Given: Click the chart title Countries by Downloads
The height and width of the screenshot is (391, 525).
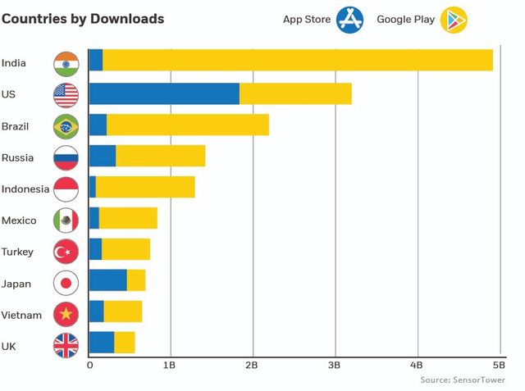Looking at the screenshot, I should pyautogui.click(x=83, y=19).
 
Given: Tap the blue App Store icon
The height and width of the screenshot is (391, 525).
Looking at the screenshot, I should pyautogui.click(x=349, y=19).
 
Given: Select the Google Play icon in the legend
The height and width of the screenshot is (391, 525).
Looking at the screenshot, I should pyautogui.click(x=454, y=19).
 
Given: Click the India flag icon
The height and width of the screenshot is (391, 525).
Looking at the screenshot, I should pyautogui.click(x=66, y=63).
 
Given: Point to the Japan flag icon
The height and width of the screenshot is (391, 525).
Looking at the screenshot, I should pyautogui.click(x=66, y=284).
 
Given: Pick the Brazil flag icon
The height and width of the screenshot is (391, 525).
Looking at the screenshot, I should pyautogui.click(x=66, y=126).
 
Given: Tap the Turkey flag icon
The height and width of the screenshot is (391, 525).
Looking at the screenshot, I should pyautogui.click(x=66, y=252).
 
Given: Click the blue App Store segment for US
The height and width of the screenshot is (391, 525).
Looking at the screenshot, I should pyautogui.click(x=164, y=94).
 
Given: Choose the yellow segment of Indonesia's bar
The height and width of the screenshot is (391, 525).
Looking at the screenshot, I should pyautogui.click(x=145, y=188).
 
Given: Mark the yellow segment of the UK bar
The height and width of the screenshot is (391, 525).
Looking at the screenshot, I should pyautogui.click(x=125, y=343).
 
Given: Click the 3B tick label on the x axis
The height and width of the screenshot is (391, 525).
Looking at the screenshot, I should pyautogui.click(x=334, y=365).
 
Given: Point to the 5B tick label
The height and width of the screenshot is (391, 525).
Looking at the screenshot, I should pyautogui.click(x=498, y=365).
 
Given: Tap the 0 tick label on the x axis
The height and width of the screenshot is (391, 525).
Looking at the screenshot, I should pyautogui.click(x=89, y=365).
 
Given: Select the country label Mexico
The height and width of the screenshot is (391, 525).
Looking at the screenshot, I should pyautogui.click(x=18, y=221).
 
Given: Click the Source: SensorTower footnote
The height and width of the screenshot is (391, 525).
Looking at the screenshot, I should pyautogui.click(x=463, y=380).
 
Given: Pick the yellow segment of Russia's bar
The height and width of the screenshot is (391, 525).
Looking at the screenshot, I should pyautogui.click(x=160, y=156).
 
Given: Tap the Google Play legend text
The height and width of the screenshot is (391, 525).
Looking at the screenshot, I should pyautogui.click(x=404, y=19).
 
